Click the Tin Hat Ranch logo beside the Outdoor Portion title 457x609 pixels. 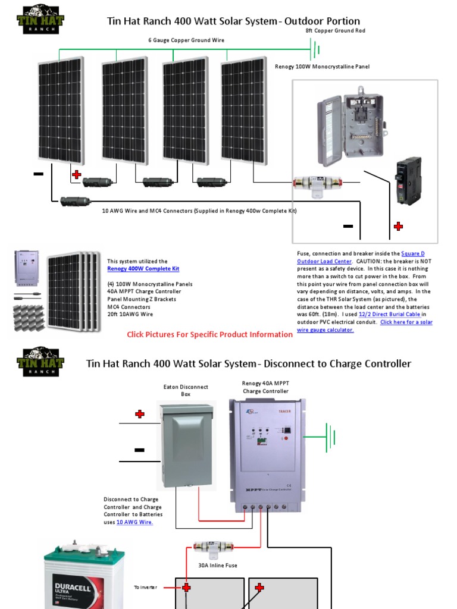coord(40,19)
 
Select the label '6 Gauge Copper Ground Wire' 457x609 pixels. coord(186,40)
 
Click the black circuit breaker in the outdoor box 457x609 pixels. coord(409,181)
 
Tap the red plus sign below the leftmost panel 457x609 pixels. coord(76,174)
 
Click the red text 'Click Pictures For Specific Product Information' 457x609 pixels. coord(209,334)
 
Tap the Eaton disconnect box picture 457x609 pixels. coord(186,442)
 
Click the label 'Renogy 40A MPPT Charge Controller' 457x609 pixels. coord(265,387)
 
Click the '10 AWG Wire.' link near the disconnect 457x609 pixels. coord(134,522)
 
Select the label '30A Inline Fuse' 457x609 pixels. coord(217,565)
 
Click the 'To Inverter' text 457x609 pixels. coord(146,587)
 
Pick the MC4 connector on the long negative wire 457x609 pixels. coord(75,202)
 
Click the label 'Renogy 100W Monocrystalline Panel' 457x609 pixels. coord(322,67)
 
